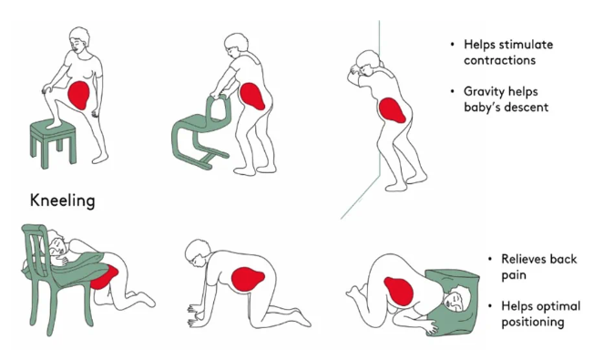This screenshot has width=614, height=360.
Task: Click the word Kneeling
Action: point(63,201)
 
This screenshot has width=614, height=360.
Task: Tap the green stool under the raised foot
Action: point(53,142)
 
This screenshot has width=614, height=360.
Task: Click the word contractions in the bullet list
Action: point(499,60)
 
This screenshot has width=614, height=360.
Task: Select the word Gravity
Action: point(482,92)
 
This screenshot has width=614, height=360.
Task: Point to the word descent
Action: point(527,108)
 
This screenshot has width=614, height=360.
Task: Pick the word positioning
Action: point(533,323)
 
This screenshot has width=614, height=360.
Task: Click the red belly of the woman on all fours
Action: point(248,279)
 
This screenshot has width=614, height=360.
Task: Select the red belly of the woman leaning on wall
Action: point(392,110)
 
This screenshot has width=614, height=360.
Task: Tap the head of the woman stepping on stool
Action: point(78,40)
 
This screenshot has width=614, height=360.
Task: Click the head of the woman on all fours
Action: point(198,253)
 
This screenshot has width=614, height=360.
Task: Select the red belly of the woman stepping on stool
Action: point(79,95)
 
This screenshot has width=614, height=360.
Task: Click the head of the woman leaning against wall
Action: point(367,64)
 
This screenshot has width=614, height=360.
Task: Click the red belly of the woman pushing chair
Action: point(251,96)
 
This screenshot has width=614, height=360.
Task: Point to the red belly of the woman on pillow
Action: point(399,291)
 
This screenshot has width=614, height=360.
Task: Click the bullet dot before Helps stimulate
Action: point(453,45)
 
